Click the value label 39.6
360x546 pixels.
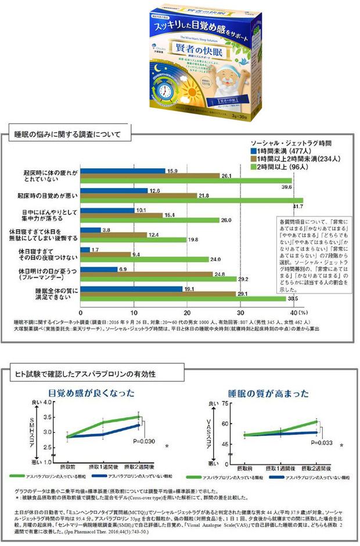tap(286, 187)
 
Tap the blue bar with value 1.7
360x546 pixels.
tap(85, 250)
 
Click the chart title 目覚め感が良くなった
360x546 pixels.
tap(92, 392)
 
